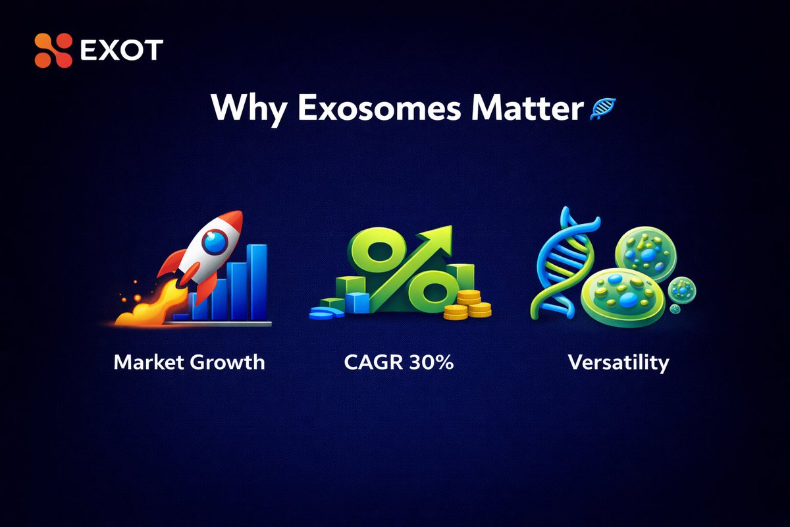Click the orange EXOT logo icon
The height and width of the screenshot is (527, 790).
[53, 51]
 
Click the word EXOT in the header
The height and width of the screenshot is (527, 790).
[121, 51]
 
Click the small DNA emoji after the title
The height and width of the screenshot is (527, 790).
[602, 109]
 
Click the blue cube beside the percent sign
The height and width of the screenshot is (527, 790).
[357, 302]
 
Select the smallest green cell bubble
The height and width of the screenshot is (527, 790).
[682, 289]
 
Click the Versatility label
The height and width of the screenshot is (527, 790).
[619, 362]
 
